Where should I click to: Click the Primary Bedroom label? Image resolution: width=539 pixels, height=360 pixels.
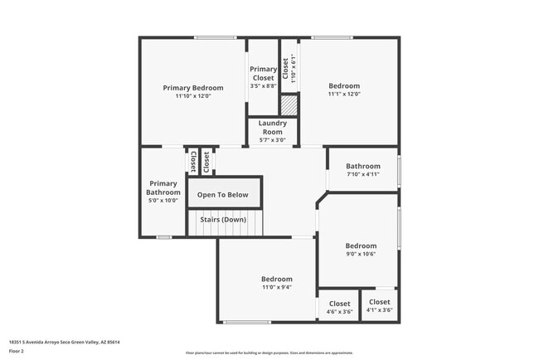pyautogui.click(x=192, y=88)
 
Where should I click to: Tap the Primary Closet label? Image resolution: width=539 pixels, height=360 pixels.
pyautogui.click(x=263, y=73)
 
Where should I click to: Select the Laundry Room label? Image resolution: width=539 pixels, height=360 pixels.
pyautogui.click(x=272, y=127)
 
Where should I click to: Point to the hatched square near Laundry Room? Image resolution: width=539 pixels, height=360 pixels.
pyautogui.click(x=289, y=105)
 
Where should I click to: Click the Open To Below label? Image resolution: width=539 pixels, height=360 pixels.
pyautogui.click(x=222, y=195)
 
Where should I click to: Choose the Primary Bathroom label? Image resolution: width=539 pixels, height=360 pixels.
pyautogui.click(x=163, y=187)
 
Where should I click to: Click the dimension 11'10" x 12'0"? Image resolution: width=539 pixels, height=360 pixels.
pyautogui.click(x=192, y=96)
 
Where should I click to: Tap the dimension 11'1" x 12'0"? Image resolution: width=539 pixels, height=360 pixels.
pyautogui.click(x=344, y=94)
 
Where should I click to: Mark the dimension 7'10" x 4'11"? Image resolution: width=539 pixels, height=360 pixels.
pyautogui.click(x=362, y=174)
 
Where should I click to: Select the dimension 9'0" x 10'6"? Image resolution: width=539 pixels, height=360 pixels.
pyautogui.click(x=361, y=255)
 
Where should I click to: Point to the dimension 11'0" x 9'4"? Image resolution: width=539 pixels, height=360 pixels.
pyautogui.click(x=276, y=288)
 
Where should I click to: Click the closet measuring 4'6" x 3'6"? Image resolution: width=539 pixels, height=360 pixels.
pyautogui.click(x=339, y=304)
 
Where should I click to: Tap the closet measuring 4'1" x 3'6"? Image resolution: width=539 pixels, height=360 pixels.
pyautogui.click(x=379, y=302)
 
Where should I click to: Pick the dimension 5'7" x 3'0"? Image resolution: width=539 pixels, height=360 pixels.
pyautogui.click(x=272, y=140)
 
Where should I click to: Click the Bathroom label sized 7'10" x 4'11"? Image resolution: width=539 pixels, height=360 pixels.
pyautogui.click(x=362, y=166)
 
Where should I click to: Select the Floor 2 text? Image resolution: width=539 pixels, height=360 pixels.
pyautogui.click(x=17, y=351)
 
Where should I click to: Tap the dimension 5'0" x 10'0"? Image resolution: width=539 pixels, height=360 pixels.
pyautogui.click(x=163, y=200)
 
